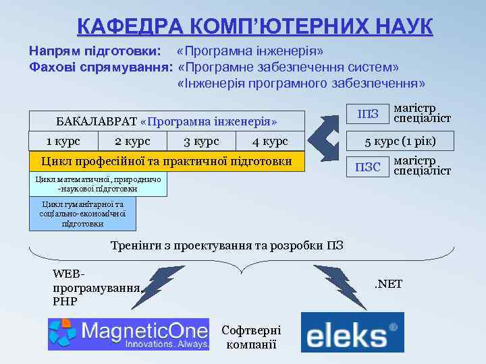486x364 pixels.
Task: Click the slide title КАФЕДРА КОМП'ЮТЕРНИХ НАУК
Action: pyautogui.click(x=254, y=26)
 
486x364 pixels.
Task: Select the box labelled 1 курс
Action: pyautogui.click(x=63, y=141)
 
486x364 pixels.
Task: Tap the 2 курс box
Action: pyautogui.click(x=132, y=141)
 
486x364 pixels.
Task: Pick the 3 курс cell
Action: pyautogui.click(x=201, y=141)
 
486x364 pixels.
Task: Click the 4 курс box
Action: pyautogui.click(x=270, y=141)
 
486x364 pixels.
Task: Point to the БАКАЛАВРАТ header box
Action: pyautogui.click(x=166, y=121)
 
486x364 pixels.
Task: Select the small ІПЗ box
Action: pyautogui.click(x=367, y=113)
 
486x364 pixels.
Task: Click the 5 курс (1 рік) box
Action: pyautogui.click(x=400, y=141)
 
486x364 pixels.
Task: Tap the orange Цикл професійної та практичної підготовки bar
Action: pyautogui.click(x=166, y=161)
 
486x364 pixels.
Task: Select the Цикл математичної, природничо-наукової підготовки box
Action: pyautogui.click(x=98, y=184)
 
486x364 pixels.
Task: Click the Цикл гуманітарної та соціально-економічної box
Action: pyautogui.click(x=82, y=214)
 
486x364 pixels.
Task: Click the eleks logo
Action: pyautogui.click(x=352, y=332)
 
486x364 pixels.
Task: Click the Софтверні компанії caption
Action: pyautogui.click(x=251, y=337)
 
